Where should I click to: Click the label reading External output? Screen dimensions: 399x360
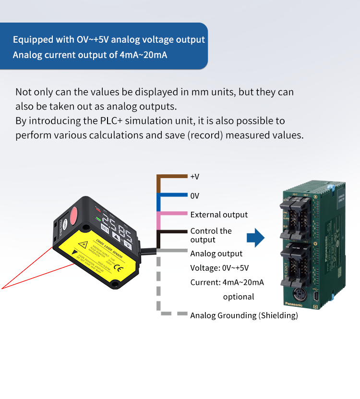[x=219, y=215]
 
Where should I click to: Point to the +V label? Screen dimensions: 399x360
[x=194, y=177]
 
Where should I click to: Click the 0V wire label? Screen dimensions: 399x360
[x=194, y=196]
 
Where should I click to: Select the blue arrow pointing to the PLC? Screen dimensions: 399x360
[x=256, y=236]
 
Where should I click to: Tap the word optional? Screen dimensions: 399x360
[x=239, y=297]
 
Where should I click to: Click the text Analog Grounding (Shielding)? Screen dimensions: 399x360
[x=244, y=315]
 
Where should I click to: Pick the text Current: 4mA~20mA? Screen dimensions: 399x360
[x=227, y=282]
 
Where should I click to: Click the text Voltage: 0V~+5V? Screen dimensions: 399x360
[x=219, y=268]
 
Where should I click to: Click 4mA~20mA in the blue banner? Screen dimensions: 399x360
[x=144, y=54]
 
